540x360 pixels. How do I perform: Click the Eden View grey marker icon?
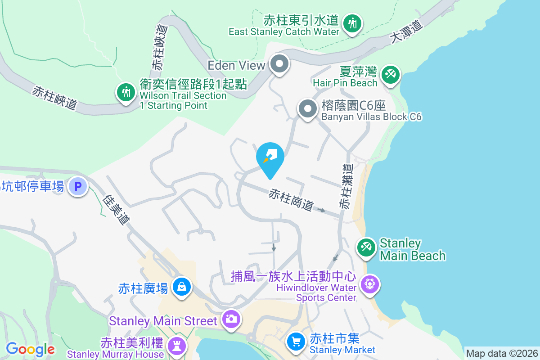pyautogui.click(x=280, y=65)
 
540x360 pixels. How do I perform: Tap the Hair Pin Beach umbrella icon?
pyautogui.click(x=390, y=74)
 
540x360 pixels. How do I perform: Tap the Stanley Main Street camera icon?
pyautogui.click(x=231, y=319)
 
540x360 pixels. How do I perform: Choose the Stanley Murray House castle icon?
pyautogui.click(x=175, y=346)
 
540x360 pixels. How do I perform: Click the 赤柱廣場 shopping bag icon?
pyautogui.click(x=182, y=286)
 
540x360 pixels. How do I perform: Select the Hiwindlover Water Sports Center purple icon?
pyautogui.click(x=370, y=284)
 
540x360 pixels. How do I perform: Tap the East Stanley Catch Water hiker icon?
pyautogui.click(x=352, y=22)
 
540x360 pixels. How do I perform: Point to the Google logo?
pyautogui.click(x=30, y=349)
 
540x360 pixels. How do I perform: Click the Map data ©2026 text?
pyautogui.click(x=502, y=353)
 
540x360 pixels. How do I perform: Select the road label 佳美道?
pyautogui.click(x=117, y=210)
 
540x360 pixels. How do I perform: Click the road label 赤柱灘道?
pyautogui.click(x=346, y=186)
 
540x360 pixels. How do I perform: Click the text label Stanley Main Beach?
pyautogui.click(x=413, y=249)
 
